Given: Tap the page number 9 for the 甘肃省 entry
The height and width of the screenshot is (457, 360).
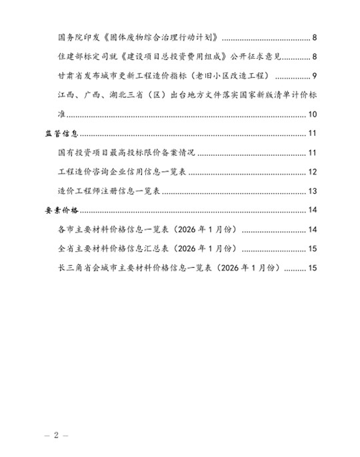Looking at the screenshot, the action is coord(314,74).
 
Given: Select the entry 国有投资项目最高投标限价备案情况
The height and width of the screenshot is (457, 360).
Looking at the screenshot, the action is coord(127,154).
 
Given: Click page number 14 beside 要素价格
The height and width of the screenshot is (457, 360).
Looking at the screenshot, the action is coord(312,211).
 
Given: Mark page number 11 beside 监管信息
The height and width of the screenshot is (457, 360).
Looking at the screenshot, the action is coord(312,135).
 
